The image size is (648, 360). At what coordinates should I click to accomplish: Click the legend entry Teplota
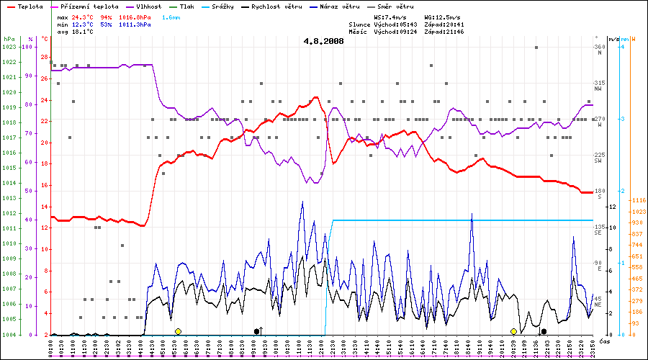tap(24, 6)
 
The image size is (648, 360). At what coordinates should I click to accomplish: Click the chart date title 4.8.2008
tap(323, 41)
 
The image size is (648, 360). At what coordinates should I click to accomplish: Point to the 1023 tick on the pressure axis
tap(9, 47)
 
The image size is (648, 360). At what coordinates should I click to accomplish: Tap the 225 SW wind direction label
tap(599, 157)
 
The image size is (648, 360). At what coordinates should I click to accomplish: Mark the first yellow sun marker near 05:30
tap(178, 331)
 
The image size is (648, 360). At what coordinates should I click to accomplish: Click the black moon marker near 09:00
tap(257, 331)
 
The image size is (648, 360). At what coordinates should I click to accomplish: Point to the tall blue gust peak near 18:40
tap(472, 215)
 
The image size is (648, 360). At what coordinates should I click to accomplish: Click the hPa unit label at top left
tap(9, 39)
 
